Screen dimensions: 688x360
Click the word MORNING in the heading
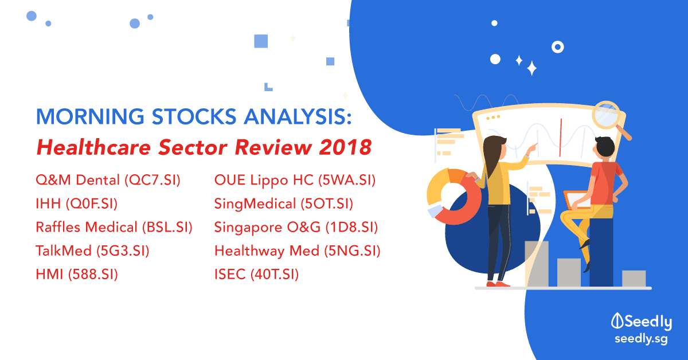(90, 116)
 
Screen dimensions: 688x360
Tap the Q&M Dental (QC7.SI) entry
(108, 181)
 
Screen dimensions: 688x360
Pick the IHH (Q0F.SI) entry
(77, 204)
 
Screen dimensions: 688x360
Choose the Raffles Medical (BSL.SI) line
(114, 228)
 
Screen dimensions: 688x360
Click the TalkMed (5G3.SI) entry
(92, 251)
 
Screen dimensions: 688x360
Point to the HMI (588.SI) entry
(77, 275)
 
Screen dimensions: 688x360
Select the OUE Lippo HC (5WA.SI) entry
(295, 181)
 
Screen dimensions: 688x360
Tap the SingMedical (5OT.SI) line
(284, 204)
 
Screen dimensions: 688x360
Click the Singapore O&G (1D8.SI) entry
(296, 228)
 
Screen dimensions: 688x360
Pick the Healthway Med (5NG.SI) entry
(298, 251)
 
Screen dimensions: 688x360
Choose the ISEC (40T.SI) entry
(256, 275)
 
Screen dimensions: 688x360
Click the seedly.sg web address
(642, 339)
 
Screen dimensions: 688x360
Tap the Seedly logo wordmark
(642, 322)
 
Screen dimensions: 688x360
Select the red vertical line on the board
(561, 138)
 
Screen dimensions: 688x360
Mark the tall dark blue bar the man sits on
(601, 252)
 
